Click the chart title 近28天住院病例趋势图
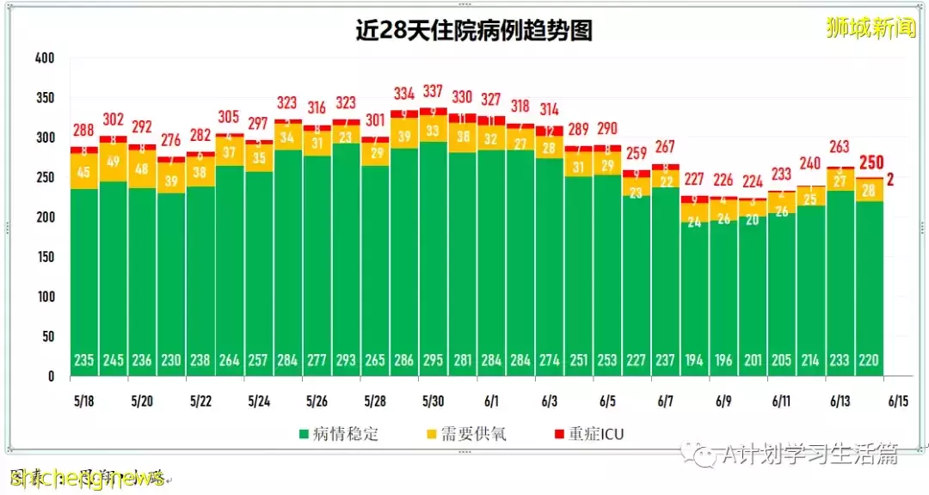pos(474,31)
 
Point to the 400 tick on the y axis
pos(45,58)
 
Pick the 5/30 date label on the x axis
pos(434,401)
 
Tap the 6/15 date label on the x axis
pos(898,401)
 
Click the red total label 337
pos(434,91)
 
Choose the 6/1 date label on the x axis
pos(492,401)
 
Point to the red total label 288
pos(84,131)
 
